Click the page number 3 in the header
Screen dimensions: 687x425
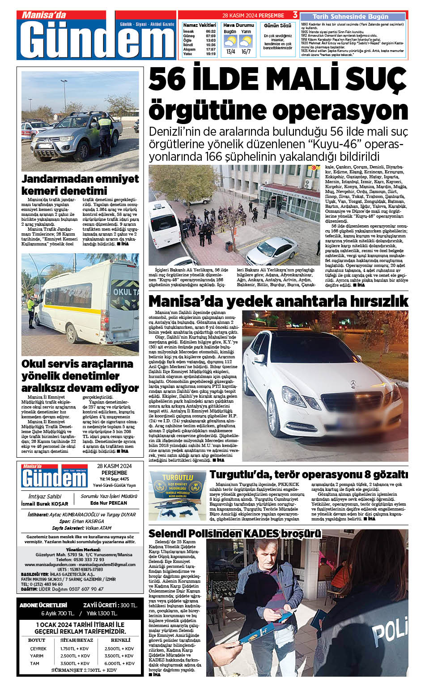tap(295, 15)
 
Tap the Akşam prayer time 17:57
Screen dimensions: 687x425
tap(211, 49)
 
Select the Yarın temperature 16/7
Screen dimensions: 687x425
tap(246, 52)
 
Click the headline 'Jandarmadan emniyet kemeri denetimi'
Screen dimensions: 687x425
tap(80, 185)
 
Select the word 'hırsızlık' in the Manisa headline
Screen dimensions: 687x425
tap(375, 301)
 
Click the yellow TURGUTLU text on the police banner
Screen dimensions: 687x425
tap(178, 478)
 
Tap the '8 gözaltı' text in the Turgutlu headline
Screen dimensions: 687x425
tap(384, 474)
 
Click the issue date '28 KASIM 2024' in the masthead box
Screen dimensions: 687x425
tap(114, 466)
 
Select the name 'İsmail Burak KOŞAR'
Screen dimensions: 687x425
tap(45, 504)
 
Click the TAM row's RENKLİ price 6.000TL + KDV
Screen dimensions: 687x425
tap(119, 663)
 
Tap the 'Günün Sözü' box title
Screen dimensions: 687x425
tap(277, 26)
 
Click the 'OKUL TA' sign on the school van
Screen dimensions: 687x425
tap(125, 292)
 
